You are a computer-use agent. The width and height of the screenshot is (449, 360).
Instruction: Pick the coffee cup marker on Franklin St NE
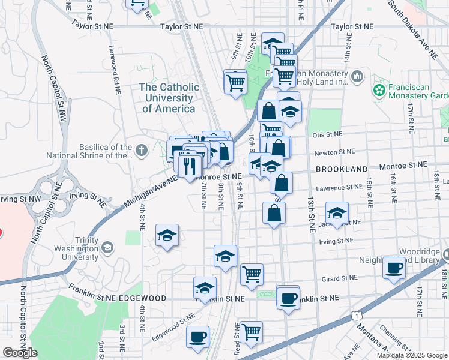(x=288, y=297)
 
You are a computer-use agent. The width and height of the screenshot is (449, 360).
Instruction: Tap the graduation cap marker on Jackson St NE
(x=337, y=212)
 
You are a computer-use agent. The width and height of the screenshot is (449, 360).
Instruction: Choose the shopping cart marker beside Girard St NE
(x=252, y=274)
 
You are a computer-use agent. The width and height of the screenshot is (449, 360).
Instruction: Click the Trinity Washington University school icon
(x=107, y=247)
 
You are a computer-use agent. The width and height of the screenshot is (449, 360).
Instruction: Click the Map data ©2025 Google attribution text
(x=412, y=355)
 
